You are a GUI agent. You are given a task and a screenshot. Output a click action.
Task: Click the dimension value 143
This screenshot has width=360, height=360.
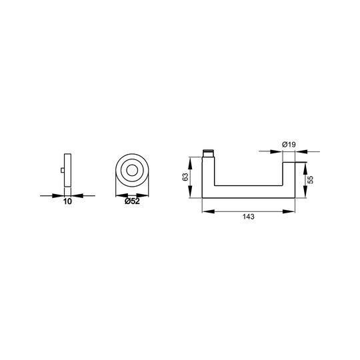coord(249,217)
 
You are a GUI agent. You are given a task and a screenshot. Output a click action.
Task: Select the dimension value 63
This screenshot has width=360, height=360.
coord(185,177)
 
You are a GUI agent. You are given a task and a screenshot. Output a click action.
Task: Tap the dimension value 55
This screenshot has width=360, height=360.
coord(310,180)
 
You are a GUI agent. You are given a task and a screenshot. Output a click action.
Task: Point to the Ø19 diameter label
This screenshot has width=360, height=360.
coord(289,145)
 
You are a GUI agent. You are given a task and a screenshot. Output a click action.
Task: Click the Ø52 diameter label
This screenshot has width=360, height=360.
coord(132,201)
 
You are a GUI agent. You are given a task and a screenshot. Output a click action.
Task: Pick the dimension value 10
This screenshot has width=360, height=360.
coord(67,201)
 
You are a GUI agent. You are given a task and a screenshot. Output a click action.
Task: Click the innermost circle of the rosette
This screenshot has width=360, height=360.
coord(132,171)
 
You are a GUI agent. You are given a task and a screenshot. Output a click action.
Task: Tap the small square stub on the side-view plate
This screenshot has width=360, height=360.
coord(63,170)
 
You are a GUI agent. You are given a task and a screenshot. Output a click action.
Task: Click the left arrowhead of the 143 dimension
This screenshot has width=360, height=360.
coord(208,211)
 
